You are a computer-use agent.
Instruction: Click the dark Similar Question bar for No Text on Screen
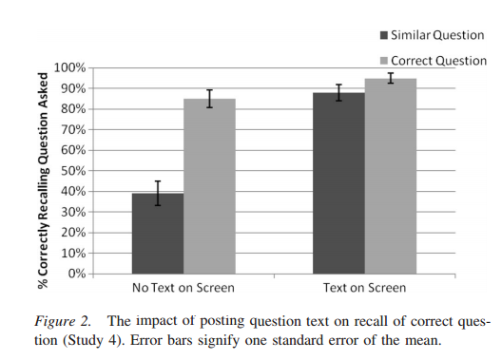158,234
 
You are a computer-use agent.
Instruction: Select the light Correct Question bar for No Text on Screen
210,186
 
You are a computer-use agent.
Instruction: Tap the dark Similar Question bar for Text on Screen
338,183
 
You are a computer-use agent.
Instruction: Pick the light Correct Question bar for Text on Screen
391,176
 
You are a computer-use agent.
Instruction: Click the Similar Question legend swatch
384,35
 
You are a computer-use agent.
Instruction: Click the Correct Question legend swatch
384,61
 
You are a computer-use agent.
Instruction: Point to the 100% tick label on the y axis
69,67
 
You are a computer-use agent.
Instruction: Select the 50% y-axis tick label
73,171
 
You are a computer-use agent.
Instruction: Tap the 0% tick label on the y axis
77,274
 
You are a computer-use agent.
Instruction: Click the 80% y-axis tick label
73,109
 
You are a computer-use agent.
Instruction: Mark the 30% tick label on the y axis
73,212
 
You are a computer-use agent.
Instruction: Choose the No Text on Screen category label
183,288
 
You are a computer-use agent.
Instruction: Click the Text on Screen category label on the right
365,288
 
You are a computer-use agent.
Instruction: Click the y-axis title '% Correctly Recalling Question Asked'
43,180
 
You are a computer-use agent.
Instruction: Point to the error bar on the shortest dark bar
158,193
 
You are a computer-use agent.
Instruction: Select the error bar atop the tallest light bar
391,78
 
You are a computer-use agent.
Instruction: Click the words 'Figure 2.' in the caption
63,321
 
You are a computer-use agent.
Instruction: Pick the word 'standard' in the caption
299,340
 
